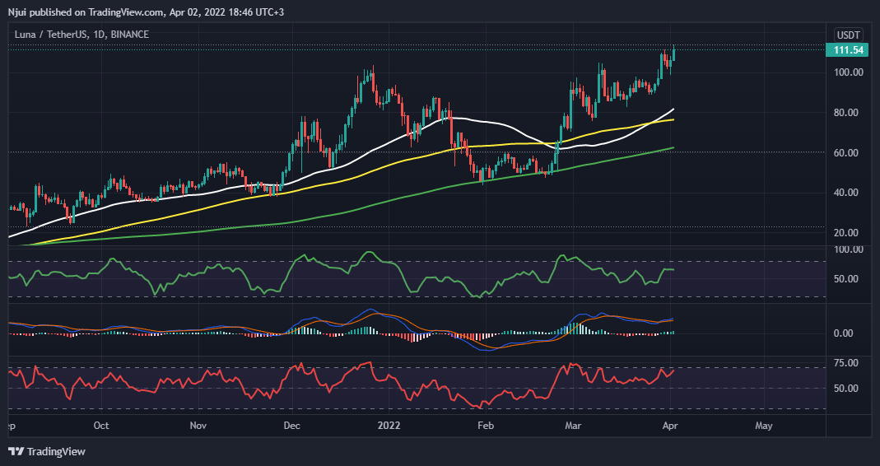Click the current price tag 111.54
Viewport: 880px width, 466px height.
pyautogui.click(x=848, y=50)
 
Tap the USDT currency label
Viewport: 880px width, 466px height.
pyautogui.click(x=848, y=35)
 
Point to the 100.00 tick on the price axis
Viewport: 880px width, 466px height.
pyautogui.click(x=848, y=72)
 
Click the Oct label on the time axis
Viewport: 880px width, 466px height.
pyautogui.click(x=101, y=426)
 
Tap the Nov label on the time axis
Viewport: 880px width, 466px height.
pyautogui.click(x=198, y=426)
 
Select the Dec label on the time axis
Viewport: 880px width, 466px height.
pyautogui.click(x=291, y=426)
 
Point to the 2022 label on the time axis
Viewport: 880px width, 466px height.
pyautogui.click(x=389, y=426)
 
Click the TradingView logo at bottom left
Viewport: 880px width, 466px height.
pyautogui.click(x=47, y=451)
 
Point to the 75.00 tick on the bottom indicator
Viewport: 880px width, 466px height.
pyautogui.click(x=848, y=363)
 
